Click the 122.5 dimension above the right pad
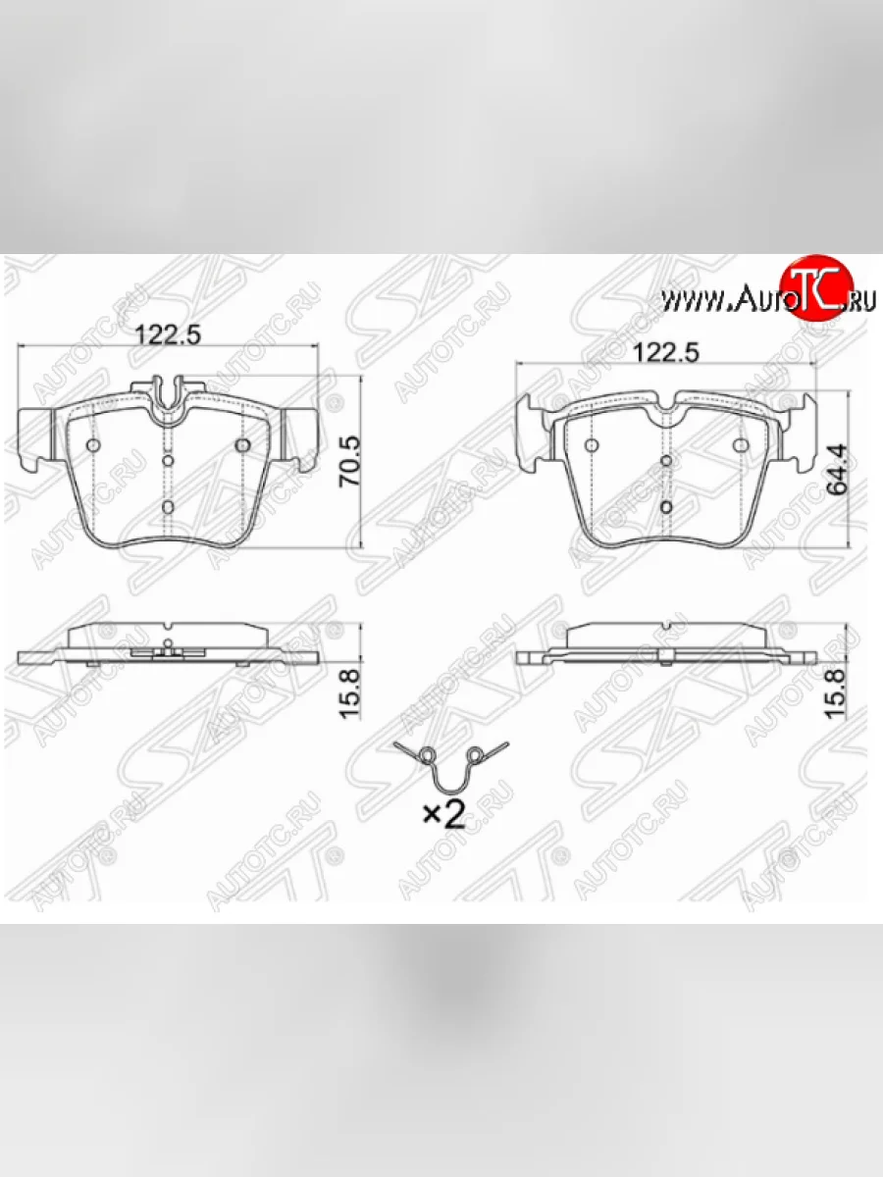coord(666,353)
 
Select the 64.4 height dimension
coord(837,470)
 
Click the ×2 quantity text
coord(444,817)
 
